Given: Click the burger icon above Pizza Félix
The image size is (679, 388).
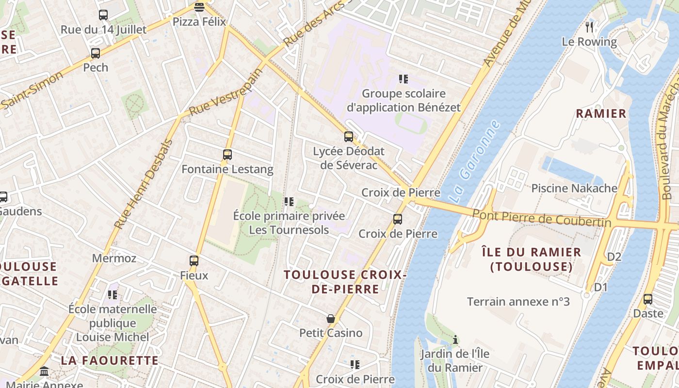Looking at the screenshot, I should (199, 7).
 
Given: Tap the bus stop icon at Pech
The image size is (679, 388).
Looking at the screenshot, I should (96, 53).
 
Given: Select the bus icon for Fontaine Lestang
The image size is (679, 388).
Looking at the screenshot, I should (227, 155).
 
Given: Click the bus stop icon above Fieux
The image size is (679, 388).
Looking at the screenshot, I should (194, 261).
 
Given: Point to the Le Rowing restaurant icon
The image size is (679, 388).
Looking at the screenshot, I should (589, 27).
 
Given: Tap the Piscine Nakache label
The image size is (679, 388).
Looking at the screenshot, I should (574, 188).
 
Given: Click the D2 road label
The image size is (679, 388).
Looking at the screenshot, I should (614, 257).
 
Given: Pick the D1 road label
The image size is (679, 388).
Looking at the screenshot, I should (600, 287).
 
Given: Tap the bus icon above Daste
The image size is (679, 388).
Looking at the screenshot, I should (648, 299).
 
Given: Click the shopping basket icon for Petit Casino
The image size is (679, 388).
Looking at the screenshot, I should (331, 319).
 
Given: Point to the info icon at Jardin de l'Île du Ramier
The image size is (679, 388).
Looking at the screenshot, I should (455, 340).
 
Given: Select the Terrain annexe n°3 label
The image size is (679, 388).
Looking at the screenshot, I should (518, 302).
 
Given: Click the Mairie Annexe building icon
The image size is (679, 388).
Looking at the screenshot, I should (44, 372).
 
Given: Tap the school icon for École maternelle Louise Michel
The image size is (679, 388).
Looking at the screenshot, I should (113, 294).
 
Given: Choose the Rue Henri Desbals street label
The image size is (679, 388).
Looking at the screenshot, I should (143, 184).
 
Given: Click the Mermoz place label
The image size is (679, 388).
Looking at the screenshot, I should (114, 258).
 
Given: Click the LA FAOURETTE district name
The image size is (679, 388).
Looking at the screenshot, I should (110, 360).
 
